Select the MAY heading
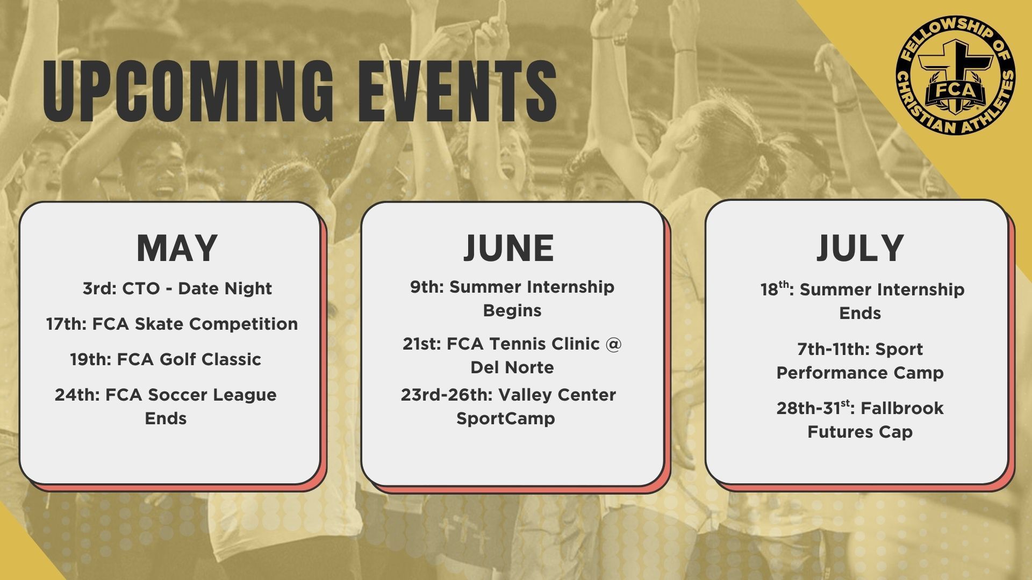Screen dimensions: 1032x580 (177, 248)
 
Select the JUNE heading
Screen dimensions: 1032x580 (508, 248)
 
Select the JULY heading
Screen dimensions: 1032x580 (860, 248)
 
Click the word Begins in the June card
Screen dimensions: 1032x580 (512, 310)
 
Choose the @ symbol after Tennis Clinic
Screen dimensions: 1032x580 (613, 344)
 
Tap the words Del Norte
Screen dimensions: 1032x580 (512, 367)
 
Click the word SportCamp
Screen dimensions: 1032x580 (506, 418)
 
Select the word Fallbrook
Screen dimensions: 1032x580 (902, 408)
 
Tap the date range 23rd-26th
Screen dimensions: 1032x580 (447, 395)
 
